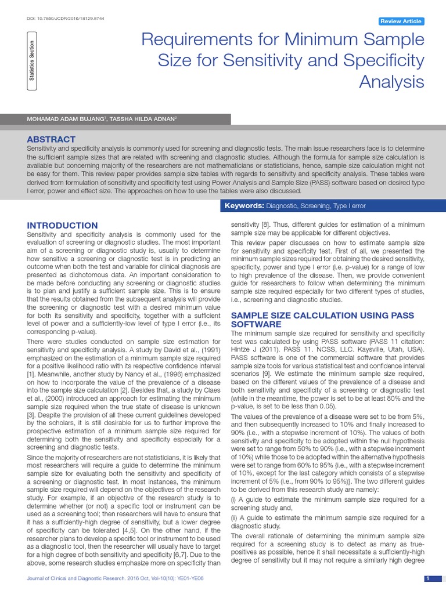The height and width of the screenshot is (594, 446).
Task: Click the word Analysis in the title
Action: pos(391,82)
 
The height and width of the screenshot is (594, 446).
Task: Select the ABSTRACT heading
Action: pos(52,139)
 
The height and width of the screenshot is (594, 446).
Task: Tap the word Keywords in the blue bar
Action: pos(244,206)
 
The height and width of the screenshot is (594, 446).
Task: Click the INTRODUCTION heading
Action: pos(63,225)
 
